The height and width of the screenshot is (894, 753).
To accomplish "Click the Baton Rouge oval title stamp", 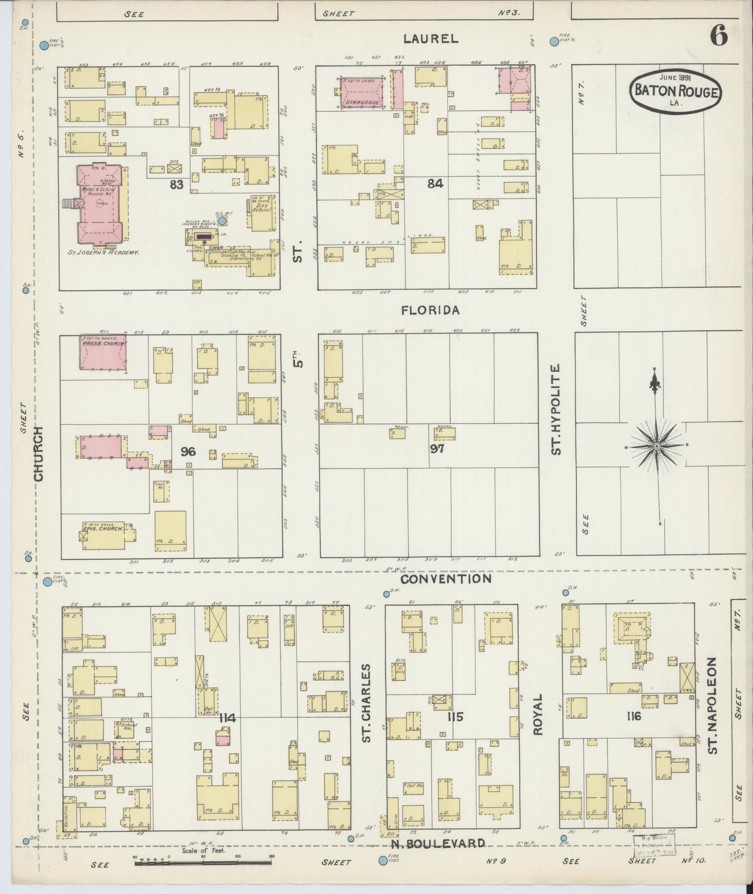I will point(676,92).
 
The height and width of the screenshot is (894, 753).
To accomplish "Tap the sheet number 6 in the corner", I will point(718,35).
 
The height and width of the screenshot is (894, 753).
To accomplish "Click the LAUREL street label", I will point(431,39).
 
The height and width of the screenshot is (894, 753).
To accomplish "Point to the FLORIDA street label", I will point(431,310).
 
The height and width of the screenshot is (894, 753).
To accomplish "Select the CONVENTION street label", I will point(446,579).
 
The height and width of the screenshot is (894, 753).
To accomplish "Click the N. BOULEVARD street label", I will point(437,843).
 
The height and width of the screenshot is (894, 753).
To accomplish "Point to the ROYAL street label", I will point(539,721).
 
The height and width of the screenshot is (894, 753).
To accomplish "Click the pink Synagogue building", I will point(362,93).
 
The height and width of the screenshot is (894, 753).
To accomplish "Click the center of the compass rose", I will point(656,447).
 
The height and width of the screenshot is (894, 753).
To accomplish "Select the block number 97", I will point(437,449).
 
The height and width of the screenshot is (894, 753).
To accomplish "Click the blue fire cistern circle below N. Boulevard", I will point(383,860).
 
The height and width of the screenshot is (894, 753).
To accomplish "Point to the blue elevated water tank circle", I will point(222,220).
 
